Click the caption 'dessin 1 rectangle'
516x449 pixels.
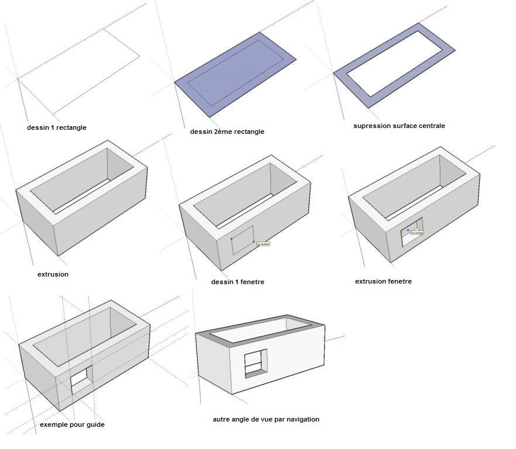click(x=57, y=127)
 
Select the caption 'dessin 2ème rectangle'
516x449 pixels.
click(x=227, y=132)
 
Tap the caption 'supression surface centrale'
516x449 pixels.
click(x=399, y=126)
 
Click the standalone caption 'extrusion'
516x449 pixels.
click(x=53, y=274)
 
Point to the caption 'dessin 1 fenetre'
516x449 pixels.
click(x=238, y=282)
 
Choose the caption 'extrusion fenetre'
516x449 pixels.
click(x=383, y=281)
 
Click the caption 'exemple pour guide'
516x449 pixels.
click(x=72, y=424)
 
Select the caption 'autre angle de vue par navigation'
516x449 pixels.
click(x=266, y=419)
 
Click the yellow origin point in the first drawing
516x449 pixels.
click(x=18, y=78)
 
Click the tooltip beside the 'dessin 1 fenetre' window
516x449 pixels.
click(x=263, y=244)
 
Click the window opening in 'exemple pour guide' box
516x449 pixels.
click(x=81, y=379)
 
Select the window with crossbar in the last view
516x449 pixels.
click(x=255, y=362)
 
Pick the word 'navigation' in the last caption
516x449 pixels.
click(x=301, y=419)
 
